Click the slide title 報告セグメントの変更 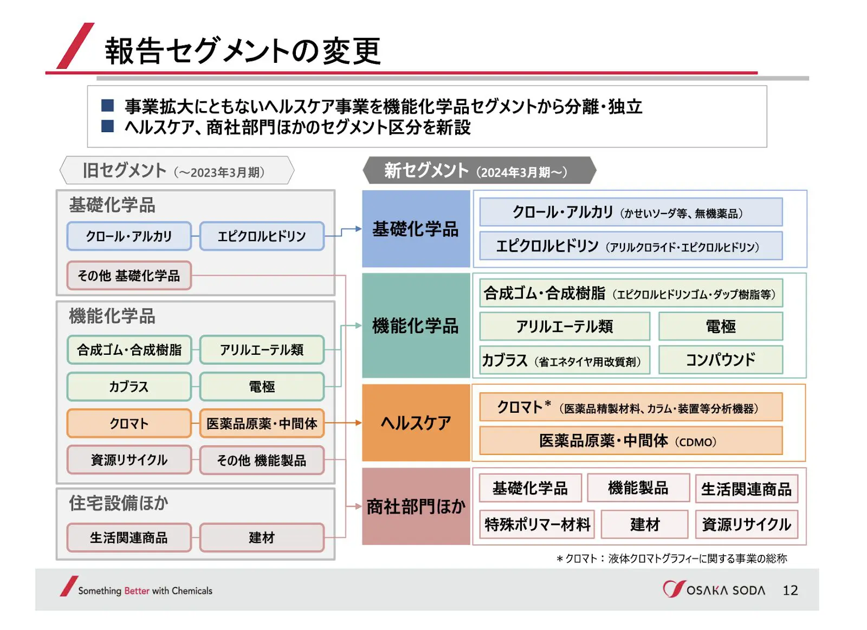tap(243, 51)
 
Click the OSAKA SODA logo tap(714, 589)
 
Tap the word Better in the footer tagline tap(137, 591)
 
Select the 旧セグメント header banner tap(177, 170)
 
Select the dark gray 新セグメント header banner tap(479, 170)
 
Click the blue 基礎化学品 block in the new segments tap(416, 229)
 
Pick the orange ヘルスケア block tap(416, 423)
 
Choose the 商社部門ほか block tap(416, 506)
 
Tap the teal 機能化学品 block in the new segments tap(416, 326)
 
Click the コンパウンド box tap(720, 360)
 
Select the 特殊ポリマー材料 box tap(537, 524)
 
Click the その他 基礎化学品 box tap(130, 276)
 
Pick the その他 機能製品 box tap(262, 460)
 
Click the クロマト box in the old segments tap(130, 424)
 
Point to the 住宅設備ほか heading tap(119, 503)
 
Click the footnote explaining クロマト tap(671, 558)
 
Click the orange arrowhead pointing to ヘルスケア tap(358, 423)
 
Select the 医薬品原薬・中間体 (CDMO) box tap(631, 441)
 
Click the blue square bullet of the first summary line tap(107, 106)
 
